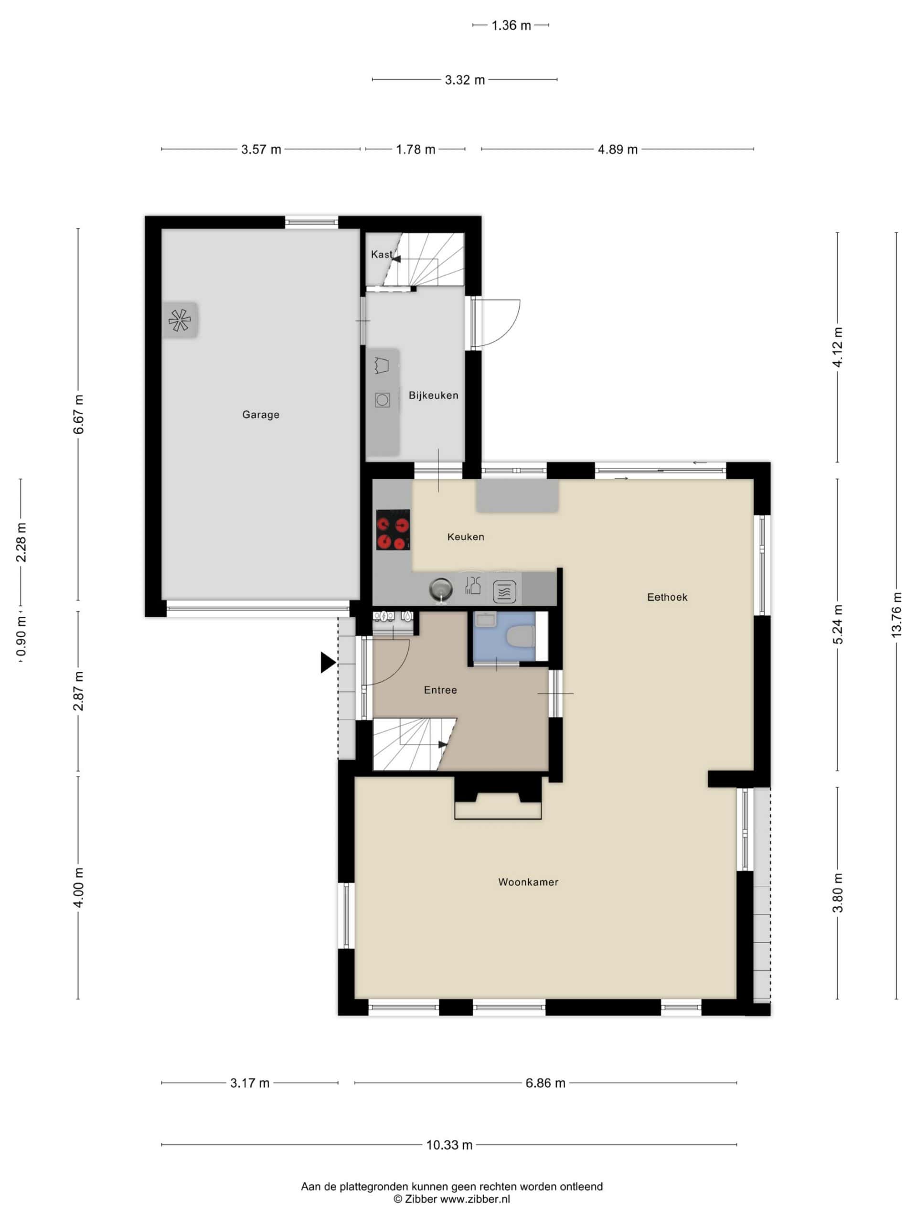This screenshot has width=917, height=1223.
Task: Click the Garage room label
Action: click(x=260, y=415)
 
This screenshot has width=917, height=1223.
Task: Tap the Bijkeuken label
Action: click(x=433, y=395)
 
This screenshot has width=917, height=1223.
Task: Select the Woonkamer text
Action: click(x=528, y=882)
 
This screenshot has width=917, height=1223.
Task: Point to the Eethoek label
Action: click(x=667, y=597)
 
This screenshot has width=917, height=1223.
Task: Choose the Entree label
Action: click(x=440, y=690)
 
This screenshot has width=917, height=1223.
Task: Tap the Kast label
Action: click(x=382, y=254)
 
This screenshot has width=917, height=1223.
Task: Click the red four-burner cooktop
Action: click(x=393, y=530)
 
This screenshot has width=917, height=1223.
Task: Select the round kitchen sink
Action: click(x=440, y=590)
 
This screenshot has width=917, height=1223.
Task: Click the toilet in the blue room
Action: click(x=520, y=636)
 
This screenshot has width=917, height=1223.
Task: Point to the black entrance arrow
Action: click(x=328, y=662)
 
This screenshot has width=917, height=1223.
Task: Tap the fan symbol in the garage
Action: click(x=180, y=320)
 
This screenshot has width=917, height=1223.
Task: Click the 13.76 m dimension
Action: click(x=896, y=615)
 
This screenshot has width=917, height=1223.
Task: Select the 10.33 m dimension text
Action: click(x=449, y=1145)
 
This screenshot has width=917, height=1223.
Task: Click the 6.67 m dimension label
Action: click(x=78, y=415)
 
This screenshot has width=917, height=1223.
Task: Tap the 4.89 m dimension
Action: click(x=618, y=149)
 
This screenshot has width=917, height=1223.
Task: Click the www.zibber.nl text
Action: click(x=475, y=1199)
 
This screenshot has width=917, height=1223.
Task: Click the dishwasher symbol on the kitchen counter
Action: click(x=504, y=591)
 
